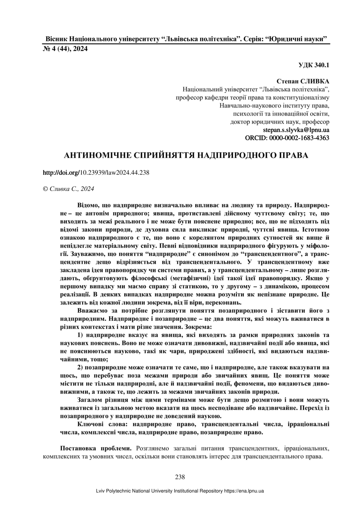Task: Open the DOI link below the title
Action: (x=96, y=173)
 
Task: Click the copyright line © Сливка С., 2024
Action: (x=68, y=189)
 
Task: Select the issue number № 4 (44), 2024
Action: (x=65, y=49)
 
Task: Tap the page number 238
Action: (x=180, y=477)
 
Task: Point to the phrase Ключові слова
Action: (x=97, y=423)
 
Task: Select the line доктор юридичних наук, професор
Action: (x=279, y=122)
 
